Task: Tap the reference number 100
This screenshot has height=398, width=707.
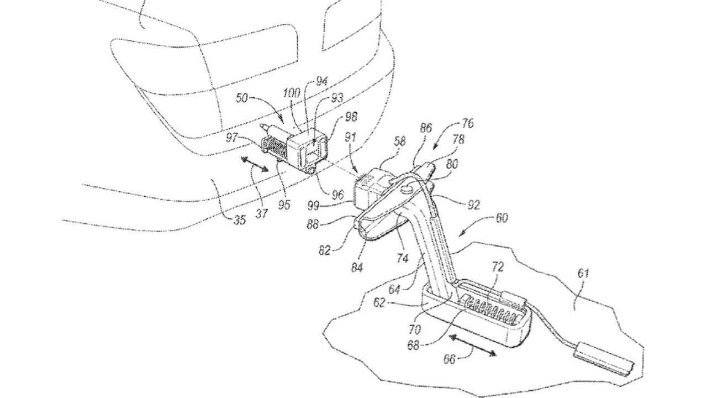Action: point(292,93)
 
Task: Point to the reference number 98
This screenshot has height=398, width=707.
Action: point(351,117)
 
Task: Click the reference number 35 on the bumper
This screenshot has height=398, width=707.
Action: point(240,219)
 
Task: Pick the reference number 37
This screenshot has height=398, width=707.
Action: point(261,214)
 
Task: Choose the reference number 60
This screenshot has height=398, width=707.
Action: point(501,218)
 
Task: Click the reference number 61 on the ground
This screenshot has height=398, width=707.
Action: point(583,273)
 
